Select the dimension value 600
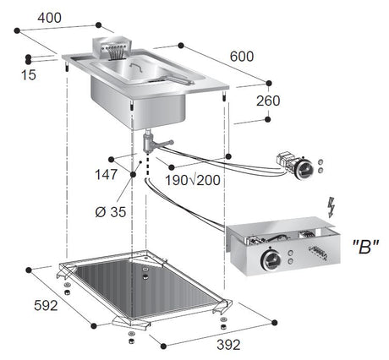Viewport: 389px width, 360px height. pyautogui.click(x=241, y=56)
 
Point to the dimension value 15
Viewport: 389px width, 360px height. pyautogui.click(x=30, y=75)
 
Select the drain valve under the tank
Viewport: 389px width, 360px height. pyautogui.click(x=152, y=145)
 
